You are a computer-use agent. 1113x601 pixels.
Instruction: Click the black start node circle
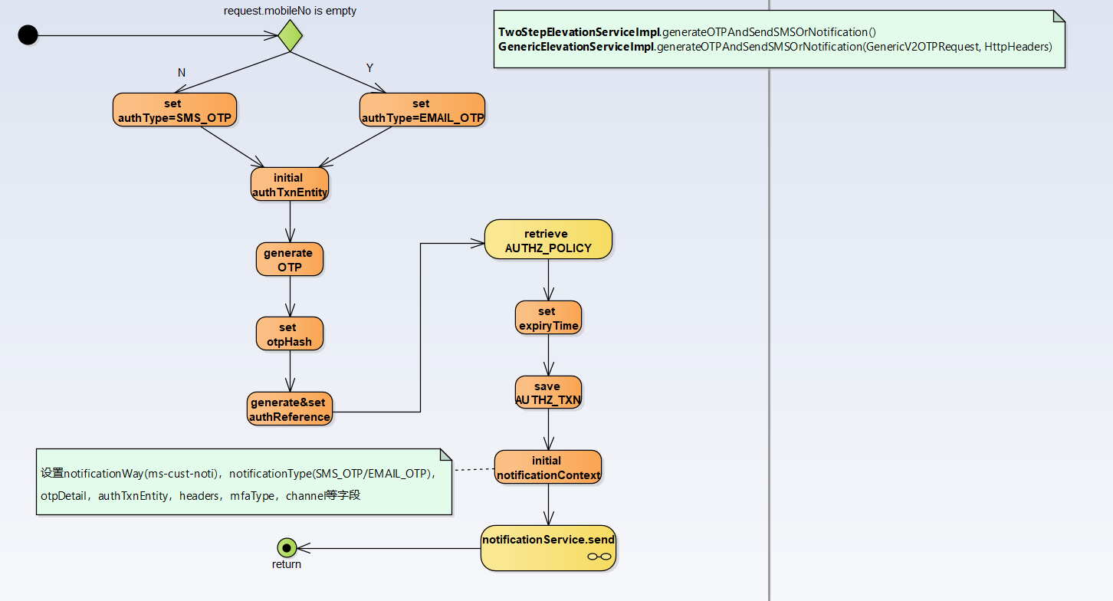point(28,34)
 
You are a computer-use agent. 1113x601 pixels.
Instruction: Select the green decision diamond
point(290,35)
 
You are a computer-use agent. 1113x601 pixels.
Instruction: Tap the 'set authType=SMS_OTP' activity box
point(174,110)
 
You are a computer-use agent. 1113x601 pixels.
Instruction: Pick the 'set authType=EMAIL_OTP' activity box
point(422,110)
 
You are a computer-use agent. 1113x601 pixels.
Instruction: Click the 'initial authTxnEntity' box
point(289,185)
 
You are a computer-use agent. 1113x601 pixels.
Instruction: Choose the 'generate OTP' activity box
point(289,259)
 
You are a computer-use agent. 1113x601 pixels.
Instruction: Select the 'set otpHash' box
point(289,334)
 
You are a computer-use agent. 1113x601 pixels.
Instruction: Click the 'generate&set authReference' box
point(289,409)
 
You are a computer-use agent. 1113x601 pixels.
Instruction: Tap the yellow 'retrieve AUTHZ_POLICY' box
point(547,240)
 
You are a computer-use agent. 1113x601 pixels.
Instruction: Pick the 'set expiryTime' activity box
point(547,317)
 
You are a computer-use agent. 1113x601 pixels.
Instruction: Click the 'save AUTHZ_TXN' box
point(547,392)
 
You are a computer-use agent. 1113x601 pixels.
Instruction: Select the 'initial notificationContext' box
point(547,467)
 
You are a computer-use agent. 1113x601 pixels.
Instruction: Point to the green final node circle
point(287,547)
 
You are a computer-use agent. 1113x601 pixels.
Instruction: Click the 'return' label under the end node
point(287,565)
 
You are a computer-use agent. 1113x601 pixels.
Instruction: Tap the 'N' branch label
point(182,73)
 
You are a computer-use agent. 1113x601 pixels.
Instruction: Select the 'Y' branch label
point(369,68)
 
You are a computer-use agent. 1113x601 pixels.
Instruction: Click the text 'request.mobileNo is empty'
point(290,11)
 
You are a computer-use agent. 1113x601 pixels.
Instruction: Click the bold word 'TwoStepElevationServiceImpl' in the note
point(579,32)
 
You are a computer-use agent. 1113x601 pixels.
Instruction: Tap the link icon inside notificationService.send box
point(599,557)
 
